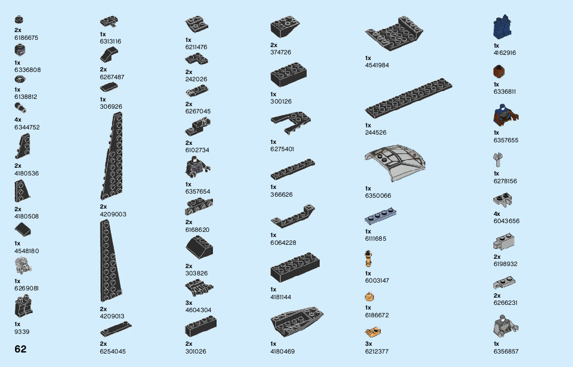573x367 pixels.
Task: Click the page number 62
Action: (20, 349)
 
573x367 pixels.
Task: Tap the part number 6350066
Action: (378, 196)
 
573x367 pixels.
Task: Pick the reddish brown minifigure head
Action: (499, 71)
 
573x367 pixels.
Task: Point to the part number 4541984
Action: (377, 65)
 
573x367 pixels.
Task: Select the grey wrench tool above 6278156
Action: (498, 160)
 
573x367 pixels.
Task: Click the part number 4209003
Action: (113, 214)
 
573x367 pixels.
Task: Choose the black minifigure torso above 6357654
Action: (195, 167)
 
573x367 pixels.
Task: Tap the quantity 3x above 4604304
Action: (189, 303)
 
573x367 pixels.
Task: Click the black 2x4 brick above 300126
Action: (289, 76)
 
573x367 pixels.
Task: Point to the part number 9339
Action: (22, 332)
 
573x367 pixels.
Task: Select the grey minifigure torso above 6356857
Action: (505, 327)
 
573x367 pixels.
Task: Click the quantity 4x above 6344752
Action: (18, 120)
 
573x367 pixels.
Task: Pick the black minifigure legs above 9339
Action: (23, 307)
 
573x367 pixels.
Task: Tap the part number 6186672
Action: (377, 315)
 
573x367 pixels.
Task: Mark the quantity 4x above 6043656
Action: (497, 214)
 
